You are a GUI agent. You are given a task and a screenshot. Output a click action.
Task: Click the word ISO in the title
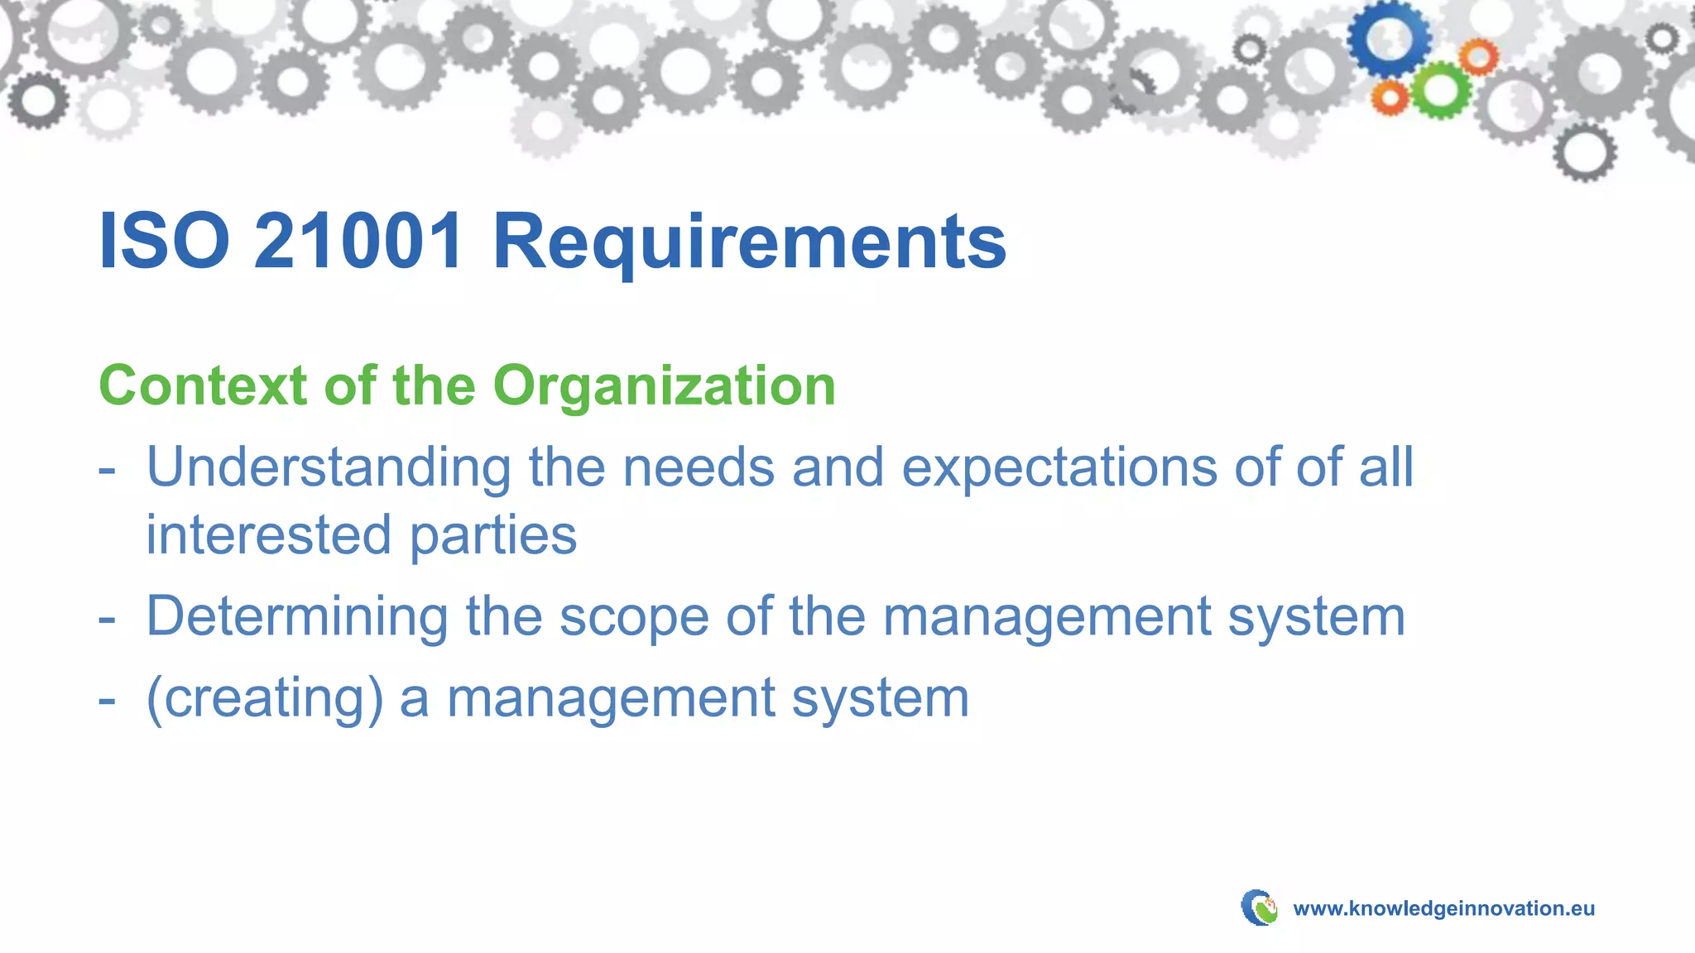[164, 241]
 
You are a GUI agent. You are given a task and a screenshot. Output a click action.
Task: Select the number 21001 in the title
[358, 241]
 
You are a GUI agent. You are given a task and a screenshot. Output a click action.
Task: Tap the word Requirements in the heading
[749, 242]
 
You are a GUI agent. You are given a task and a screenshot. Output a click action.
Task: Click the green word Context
[203, 386]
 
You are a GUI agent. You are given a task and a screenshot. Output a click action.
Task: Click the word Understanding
[329, 468]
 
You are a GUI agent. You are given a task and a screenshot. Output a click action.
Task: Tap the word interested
[268, 534]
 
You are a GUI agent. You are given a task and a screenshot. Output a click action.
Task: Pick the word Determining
[296, 617]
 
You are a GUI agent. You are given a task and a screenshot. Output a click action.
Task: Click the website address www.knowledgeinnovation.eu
[1443, 908]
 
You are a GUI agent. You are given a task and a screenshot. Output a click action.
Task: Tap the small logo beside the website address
[1259, 908]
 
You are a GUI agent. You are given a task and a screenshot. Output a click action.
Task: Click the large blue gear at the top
[1390, 38]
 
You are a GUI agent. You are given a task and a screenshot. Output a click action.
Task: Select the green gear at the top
[1440, 90]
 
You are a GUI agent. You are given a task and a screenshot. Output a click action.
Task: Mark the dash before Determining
[107, 619]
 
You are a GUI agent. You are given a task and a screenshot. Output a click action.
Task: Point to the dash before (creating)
[107, 700]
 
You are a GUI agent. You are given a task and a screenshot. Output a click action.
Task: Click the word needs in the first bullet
[699, 468]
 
